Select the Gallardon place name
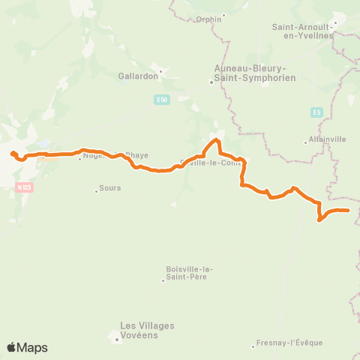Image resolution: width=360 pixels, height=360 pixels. click(136, 76)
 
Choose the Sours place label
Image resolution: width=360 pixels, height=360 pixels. click(109, 190)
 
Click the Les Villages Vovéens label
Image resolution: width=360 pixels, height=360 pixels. click(147, 330)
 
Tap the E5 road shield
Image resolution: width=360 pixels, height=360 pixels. click(316, 112)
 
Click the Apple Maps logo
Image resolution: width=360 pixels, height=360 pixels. click(27, 347)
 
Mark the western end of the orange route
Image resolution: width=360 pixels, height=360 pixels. click(13, 154)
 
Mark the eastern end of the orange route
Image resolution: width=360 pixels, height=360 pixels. click(349, 211)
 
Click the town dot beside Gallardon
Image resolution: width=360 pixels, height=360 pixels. click(159, 71)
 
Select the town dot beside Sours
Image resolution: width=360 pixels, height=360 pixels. click(96, 190)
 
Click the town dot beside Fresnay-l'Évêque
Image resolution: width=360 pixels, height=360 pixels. click(253, 346)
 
